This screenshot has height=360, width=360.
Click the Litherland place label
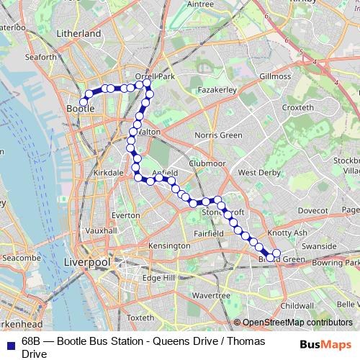point(79,33)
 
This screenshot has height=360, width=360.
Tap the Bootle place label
point(80,108)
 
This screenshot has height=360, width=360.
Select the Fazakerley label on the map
point(217,91)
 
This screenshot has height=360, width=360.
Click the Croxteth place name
point(298,107)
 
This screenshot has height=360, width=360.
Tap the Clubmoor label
point(207,163)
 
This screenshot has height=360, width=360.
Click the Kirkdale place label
point(109,174)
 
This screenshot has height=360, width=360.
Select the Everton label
point(126,215)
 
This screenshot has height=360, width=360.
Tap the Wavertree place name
point(211,295)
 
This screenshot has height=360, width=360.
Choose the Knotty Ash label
point(287,233)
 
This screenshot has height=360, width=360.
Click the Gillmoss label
point(275,76)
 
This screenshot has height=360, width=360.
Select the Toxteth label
point(140,317)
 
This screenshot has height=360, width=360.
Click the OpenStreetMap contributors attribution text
point(297,323)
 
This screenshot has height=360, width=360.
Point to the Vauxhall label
point(101,230)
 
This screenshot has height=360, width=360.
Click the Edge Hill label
point(159,278)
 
